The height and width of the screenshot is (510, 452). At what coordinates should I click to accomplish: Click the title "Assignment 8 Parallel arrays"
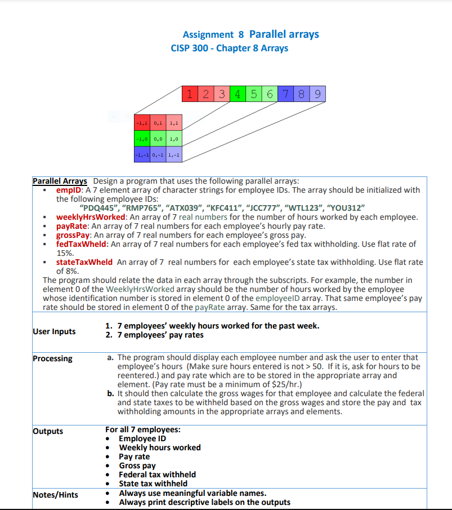pos(250,34)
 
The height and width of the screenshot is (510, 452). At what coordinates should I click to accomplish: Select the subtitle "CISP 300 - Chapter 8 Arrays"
pos(229,48)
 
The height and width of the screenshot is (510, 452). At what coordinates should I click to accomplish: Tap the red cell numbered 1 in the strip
pos(192,95)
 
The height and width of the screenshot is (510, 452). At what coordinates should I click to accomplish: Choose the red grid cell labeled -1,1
pos(141,122)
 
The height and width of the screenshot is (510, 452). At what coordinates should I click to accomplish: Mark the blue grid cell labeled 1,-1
pos(174,154)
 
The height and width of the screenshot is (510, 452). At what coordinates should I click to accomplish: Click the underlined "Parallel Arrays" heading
pos(60,181)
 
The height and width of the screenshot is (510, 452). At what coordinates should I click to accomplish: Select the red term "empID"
pos(69,190)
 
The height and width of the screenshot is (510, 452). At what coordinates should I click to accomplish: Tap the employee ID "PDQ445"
pos(104,208)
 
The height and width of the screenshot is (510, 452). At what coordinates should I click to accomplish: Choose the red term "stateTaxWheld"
pos(84,262)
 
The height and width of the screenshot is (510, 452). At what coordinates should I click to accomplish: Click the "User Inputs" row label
pos(54,331)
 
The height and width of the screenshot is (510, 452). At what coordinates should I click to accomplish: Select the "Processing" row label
pos(52,358)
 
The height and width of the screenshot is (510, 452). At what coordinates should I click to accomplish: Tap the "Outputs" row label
pos(48,431)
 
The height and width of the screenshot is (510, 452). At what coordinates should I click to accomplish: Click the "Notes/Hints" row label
pos(55,495)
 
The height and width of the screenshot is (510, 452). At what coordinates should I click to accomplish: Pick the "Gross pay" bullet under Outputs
pos(137,465)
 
